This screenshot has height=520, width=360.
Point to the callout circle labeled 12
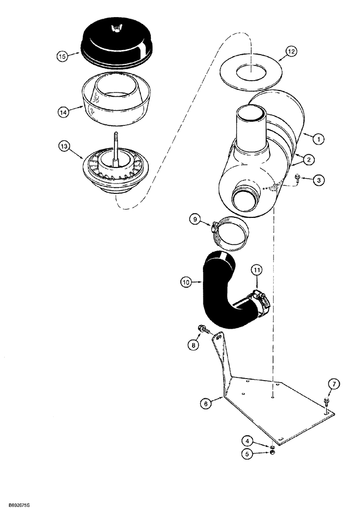(x=292, y=51)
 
